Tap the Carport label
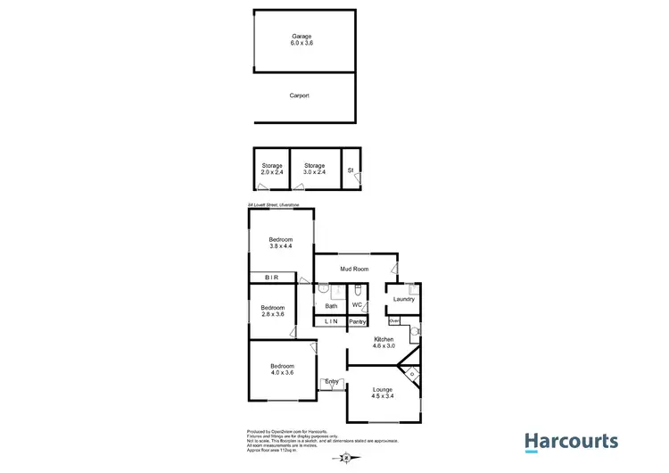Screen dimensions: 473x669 click(x=300, y=95)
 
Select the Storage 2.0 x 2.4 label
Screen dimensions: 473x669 click(x=272, y=170)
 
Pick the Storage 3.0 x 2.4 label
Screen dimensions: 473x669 click(x=314, y=170)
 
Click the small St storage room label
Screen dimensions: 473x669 click(x=351, y=169)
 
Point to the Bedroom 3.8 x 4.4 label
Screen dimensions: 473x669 click(x=281, y=243)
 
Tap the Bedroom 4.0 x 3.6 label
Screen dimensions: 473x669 click(x=282, y=369)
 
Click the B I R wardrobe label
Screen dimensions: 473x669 click(x=271, y=278)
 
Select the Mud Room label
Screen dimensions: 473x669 click(x=354, y=269)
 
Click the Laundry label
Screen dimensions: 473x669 click(x=403, y=299)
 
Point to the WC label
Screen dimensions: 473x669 click(x=357, y=305)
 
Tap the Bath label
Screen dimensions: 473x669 click(x=330, y=306)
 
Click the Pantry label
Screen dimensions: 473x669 click(x=358, y=321)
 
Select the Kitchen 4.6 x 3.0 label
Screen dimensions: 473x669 click(x=384, y=343)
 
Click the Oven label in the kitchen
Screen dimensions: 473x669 click(x=393, y=319)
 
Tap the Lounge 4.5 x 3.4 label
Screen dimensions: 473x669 click(x=383, y=393)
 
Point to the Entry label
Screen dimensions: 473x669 click(x=331, y=382)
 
